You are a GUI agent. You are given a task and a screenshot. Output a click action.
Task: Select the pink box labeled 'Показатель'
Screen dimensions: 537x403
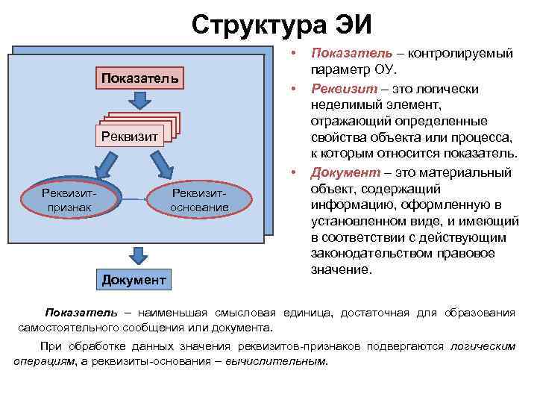(139, 78)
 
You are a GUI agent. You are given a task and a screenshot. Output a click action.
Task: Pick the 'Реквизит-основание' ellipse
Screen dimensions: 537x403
(199, 199)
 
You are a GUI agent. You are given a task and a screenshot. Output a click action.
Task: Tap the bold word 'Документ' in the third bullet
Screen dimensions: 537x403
(342, 173)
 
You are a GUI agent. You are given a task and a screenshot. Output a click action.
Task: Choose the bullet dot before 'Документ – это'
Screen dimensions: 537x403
(295, 173)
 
